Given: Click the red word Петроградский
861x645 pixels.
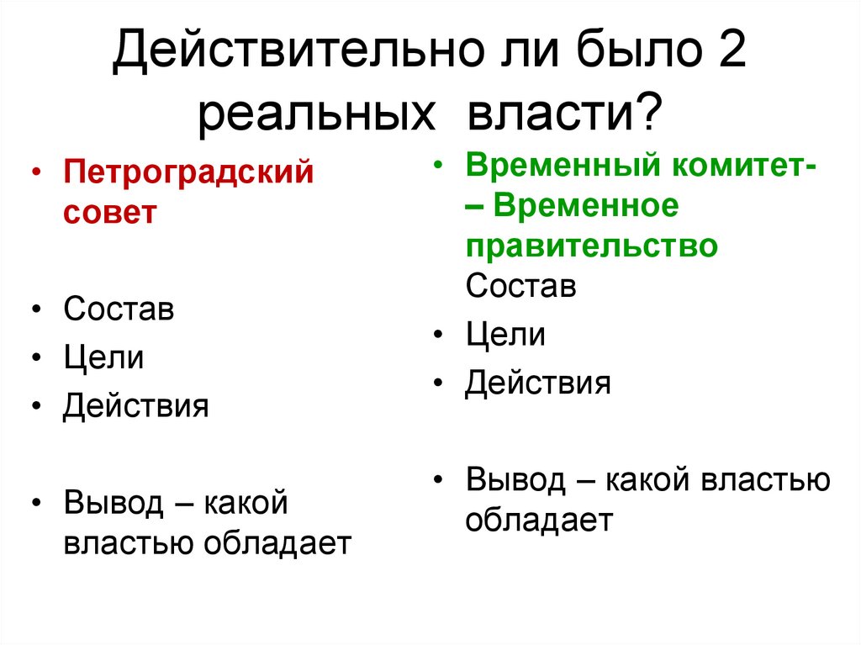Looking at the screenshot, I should click(188, 174).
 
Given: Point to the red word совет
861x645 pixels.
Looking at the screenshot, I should click(109, 211).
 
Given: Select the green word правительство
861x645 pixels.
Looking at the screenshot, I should click(592, 246).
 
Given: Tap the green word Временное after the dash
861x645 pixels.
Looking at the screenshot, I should click(586, 207).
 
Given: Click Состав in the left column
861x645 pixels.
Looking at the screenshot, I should click(119, 309).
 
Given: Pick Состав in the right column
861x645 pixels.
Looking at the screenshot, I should click(521, 286).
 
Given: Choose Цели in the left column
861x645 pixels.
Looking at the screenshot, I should click(103, 358).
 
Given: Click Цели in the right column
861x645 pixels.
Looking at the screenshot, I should click(506, 336).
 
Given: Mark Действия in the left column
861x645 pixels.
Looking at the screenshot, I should click(135, 406).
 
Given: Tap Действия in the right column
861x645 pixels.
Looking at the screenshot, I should click(538, 384).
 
